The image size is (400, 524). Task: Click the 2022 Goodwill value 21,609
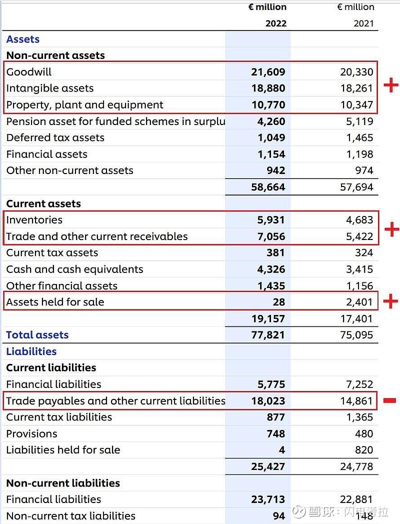(x=268, y=72)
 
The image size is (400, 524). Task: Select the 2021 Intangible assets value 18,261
(x=356, y=88)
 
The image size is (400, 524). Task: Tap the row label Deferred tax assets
(x=55, y=138)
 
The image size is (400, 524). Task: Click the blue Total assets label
(x=37, y=335)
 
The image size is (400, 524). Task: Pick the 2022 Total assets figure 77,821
(x=268, y=335)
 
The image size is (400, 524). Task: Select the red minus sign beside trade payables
(x=390, y=400)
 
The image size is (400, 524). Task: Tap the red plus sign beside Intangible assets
(x=391, y=86)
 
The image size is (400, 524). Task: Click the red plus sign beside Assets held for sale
(x=390, y=301)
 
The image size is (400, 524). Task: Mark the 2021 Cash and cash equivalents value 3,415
(x=359, y=269)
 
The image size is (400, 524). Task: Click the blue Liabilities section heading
(x=31, y=351)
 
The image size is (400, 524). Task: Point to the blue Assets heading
(x=23, y=39)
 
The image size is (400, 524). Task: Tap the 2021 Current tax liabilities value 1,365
(x=359, y=417)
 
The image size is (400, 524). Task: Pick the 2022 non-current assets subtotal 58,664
(x=268, y=187)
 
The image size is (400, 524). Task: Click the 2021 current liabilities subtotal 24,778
(x=356, y=466)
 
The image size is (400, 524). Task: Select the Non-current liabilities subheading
(x=63, y=483)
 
